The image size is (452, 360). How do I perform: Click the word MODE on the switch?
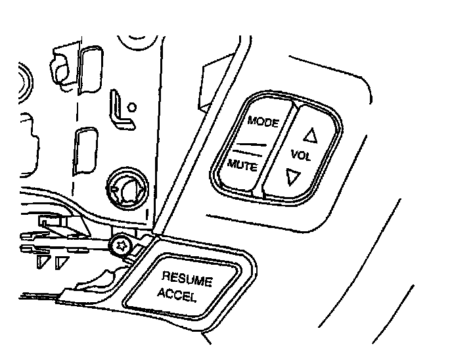pos(263,123)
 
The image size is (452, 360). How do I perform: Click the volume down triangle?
pos(294,175)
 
